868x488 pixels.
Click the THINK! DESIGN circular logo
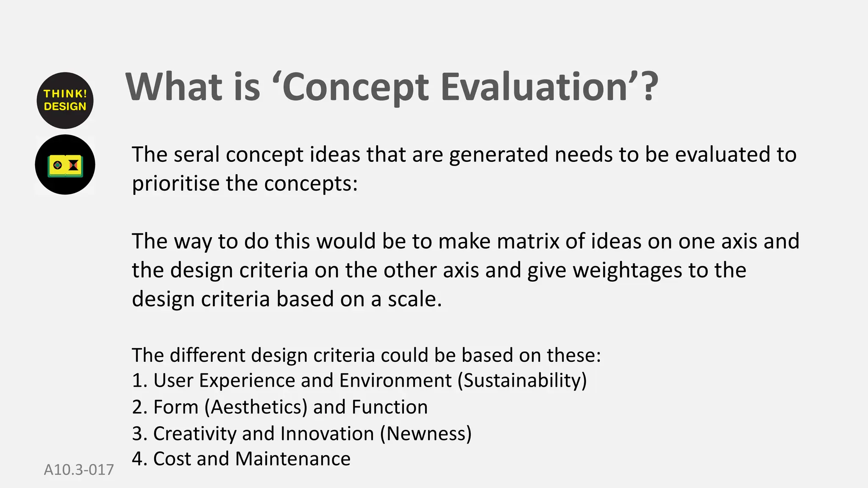65,100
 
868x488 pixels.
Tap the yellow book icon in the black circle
65,165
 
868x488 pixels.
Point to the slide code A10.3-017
79,470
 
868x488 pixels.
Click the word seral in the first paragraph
197,155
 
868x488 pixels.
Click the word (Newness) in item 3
426,434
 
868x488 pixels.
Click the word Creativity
195,434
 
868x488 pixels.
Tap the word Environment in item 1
395,381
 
